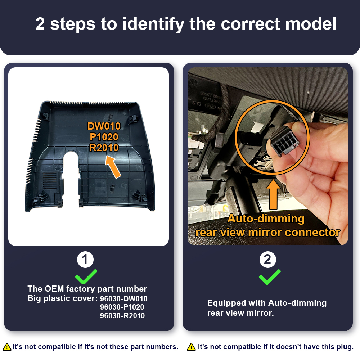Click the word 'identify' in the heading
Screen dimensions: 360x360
coord(153,24)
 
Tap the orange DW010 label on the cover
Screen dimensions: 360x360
coord(104,126)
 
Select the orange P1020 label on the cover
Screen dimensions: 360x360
coord(104,137)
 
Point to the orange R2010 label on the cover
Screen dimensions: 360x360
coord(104,148)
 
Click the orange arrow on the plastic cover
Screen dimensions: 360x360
coord(113,167)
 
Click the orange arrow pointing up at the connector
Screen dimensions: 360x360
coord(273,194)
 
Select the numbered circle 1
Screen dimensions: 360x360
coord(85,260)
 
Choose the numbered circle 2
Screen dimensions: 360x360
coord(268,260)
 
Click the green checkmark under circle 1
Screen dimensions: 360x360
coord(86,276)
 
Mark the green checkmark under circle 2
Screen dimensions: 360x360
coord(270,277)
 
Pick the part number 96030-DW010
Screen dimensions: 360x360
coord(123,299)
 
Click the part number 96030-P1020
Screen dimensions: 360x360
coord(122,307)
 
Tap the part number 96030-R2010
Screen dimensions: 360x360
coord(122,316)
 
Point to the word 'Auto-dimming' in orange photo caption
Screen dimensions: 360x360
coord(266,219)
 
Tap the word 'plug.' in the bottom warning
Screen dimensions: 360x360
coord(345,347)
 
